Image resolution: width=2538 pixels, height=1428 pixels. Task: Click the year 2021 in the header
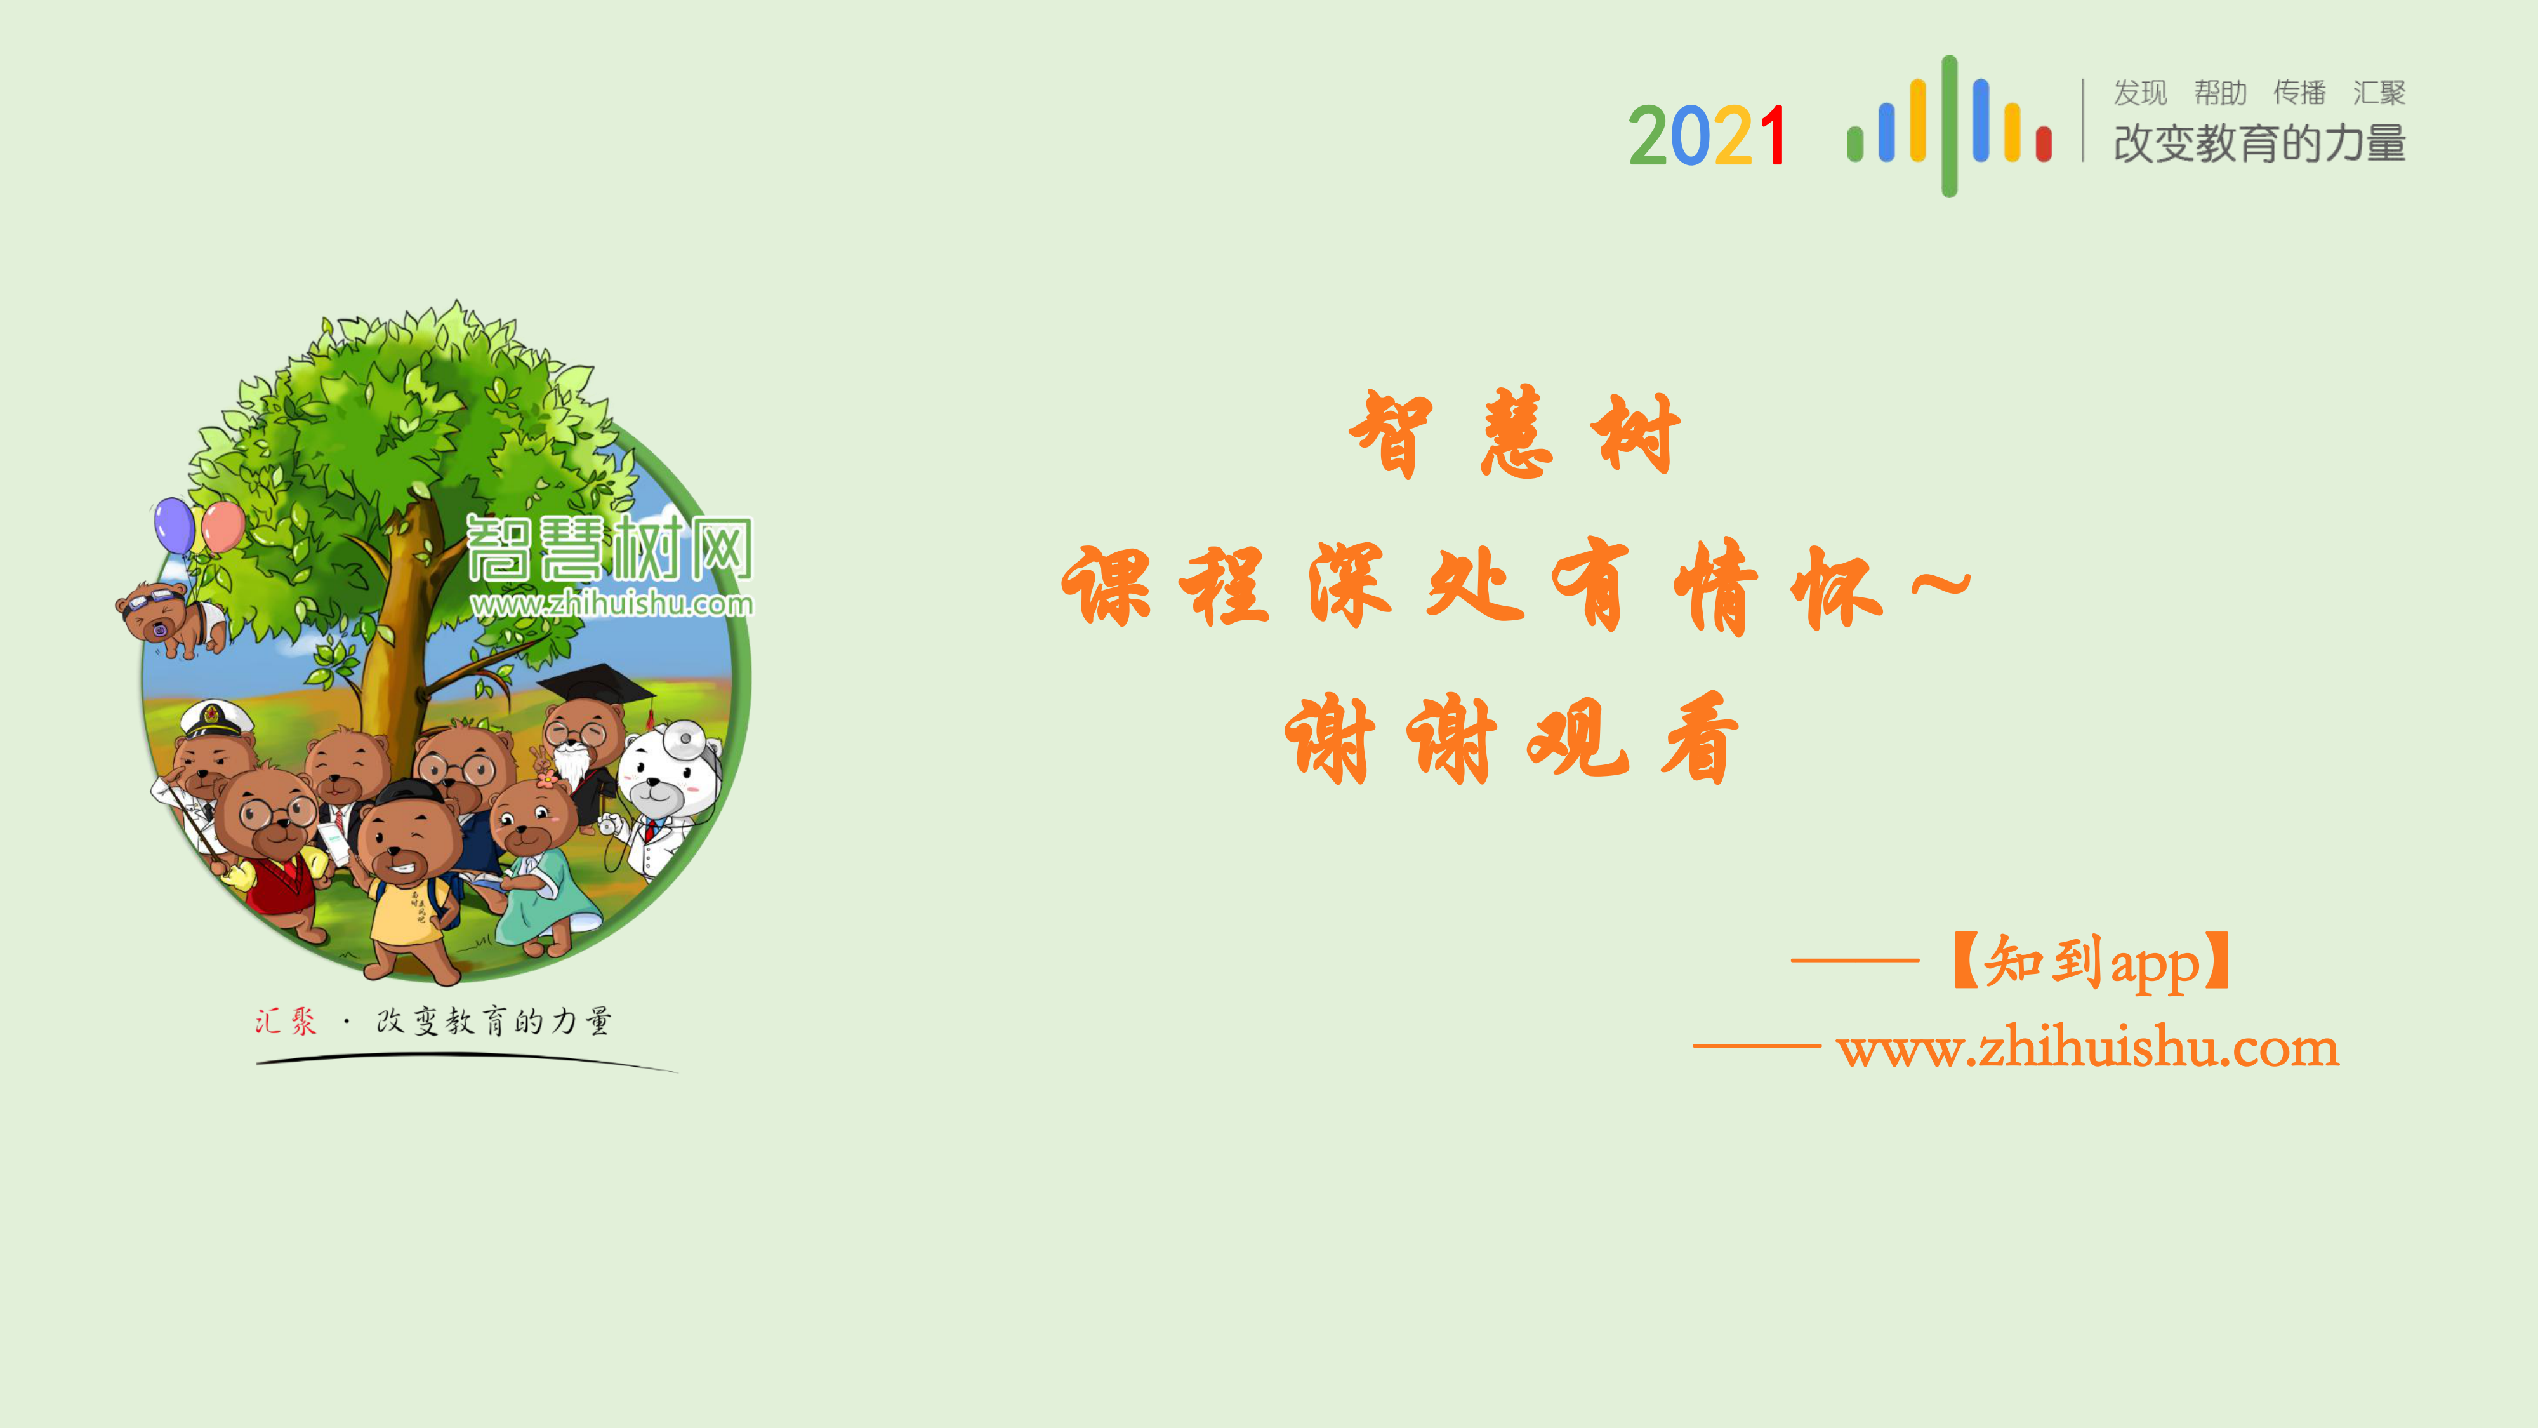[x=1707, y=136]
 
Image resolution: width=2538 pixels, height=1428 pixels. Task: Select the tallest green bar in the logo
[x=1949, y=126]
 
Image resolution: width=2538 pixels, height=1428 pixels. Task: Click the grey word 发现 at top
[x=2140, y=93]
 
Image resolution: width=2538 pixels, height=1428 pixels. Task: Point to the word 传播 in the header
[x=2299, y=93]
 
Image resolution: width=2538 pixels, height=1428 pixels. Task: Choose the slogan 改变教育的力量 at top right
[x=2259, y=143]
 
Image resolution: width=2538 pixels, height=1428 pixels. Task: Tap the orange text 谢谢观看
[x=1512, y=739]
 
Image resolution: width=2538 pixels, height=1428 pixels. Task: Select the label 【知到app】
[x=2092, y=961]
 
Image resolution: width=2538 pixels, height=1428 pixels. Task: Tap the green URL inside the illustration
[x=611, y=603]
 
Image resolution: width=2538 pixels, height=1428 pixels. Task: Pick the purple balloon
[x=175, y=525]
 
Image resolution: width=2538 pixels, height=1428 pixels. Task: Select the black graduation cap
[x=594, y=683]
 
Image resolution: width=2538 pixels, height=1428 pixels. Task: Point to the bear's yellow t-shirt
[x=409, y=912]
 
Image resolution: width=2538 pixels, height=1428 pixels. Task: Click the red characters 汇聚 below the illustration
[x=286, y=1021]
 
